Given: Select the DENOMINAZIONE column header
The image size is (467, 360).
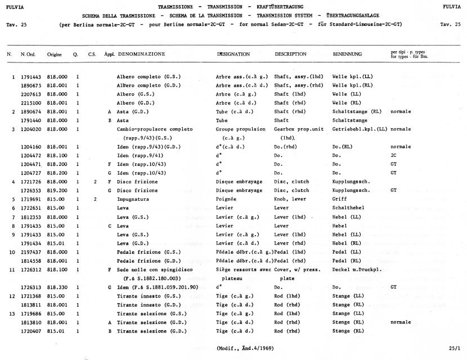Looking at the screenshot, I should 141,54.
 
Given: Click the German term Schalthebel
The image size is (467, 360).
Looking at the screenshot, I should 348,208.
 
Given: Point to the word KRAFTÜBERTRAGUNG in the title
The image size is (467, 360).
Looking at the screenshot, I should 292,6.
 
